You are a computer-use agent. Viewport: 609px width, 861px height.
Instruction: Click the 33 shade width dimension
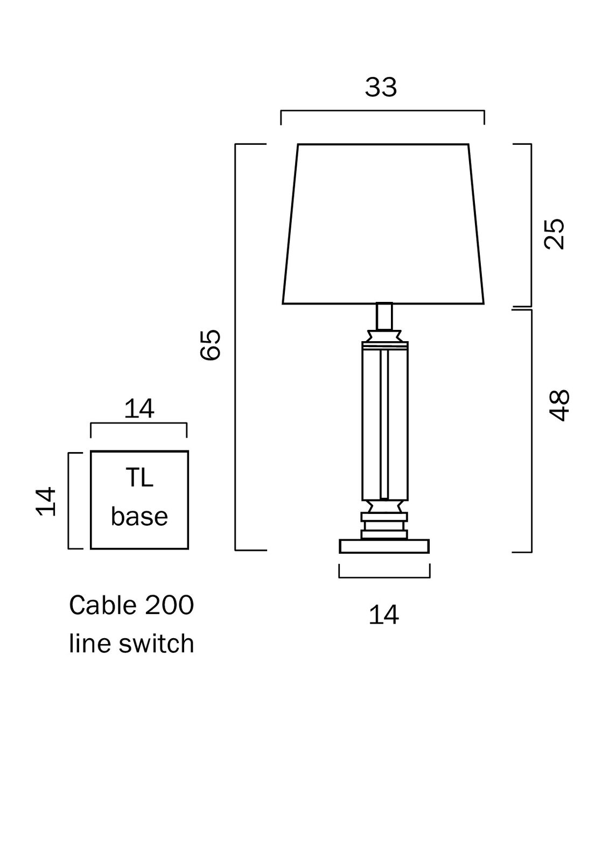click(x=381, y=87)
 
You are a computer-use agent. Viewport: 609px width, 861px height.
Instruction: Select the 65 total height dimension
click(x=210, y=344)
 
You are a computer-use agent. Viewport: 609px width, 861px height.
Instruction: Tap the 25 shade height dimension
click(x=555, y=233)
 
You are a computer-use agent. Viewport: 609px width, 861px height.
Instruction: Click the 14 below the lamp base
click(x=383, y=615)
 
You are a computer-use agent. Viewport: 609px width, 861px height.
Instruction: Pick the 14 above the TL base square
click(x=139, y=409)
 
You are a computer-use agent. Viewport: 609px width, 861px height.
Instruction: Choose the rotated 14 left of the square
click(x=46, y=501)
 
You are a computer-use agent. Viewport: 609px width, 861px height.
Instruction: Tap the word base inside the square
click(x=139, y=517)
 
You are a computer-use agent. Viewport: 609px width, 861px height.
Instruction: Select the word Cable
click(x=102, y=605)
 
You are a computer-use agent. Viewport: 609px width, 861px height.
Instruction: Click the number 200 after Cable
click(x=169, y=605)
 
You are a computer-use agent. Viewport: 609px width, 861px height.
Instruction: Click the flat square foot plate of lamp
click(x=384, y=546)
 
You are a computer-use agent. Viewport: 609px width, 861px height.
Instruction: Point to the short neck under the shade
click(x=384, y=316)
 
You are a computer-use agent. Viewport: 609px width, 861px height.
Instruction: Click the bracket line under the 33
click(x=382, y=111)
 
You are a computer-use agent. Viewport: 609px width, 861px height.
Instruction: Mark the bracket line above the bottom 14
click(x=384, y=577)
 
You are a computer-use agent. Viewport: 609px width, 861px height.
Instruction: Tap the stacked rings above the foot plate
click(x=384, y=525)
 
